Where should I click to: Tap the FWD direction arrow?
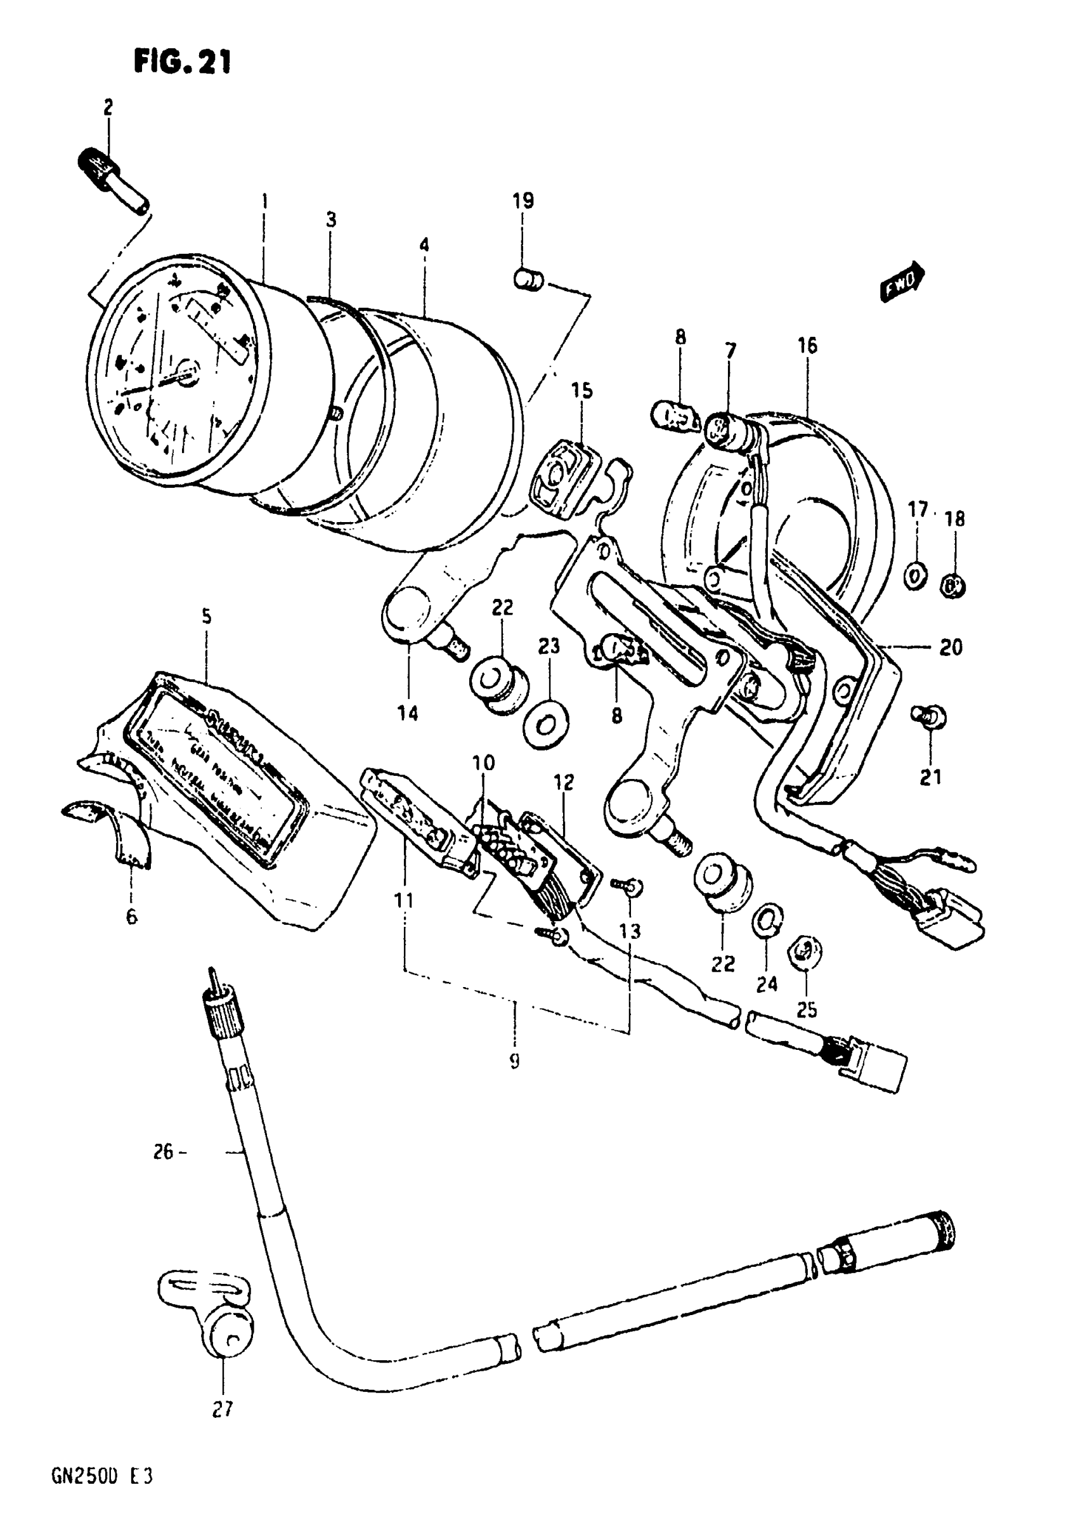pyautogui.click(x=902, y=283)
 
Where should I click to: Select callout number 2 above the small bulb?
pyautogui.click(x=108, y=107)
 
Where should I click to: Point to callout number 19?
pyautogui.click(x=524, y=200)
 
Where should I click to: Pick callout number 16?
pyautogui.click(x=807, y=346)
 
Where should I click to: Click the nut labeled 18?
pyautogui.click(x=954, y=587)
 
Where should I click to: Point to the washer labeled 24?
pyautogui.click(x=767, y=920)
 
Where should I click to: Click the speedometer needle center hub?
pyautogui.click(x=187, y=372)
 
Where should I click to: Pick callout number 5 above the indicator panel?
pyautogui.click(x=207, y=617)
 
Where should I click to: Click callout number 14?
pyautogui.click(x=408, y=713)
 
